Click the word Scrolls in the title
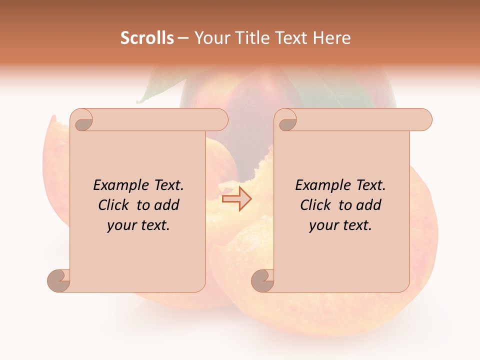pos(147,38)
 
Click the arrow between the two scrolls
pos(236,198)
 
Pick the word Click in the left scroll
pos(114,205)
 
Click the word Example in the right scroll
pos(323,185)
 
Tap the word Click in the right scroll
pos(316,205)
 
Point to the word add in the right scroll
pos(368,205)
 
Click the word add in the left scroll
pos(166,205)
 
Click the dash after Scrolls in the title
pos(182,38)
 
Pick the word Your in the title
pos(210,38)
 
